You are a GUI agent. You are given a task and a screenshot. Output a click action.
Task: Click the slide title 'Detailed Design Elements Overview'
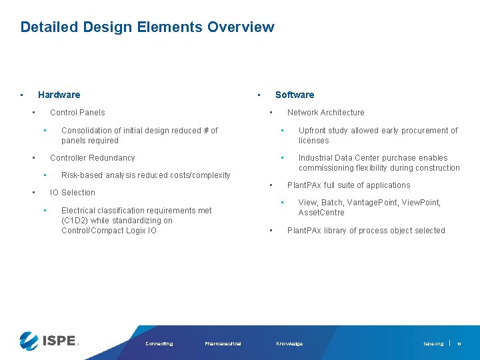point(147,27)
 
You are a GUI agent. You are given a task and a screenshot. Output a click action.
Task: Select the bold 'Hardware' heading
point(59,95)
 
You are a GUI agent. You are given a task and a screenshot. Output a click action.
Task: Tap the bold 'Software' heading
point(295,95)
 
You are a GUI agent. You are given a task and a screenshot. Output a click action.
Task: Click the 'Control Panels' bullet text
point(77,113)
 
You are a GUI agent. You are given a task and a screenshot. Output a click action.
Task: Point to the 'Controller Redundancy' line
point(92,158)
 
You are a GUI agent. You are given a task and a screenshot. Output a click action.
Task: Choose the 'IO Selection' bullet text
point(73,193)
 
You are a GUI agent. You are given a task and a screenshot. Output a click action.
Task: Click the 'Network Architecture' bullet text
point(325,113)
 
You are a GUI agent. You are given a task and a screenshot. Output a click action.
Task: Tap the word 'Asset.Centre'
point(321,213)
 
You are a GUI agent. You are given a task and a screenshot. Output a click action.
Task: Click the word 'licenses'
point(313,141)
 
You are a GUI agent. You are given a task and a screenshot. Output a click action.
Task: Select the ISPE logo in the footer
point(49,340)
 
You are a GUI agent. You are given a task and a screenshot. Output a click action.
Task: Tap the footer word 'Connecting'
point(159,344)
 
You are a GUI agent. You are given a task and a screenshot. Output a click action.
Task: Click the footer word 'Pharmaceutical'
point(223,344)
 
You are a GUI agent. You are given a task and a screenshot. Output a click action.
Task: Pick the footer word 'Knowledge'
point(289,344)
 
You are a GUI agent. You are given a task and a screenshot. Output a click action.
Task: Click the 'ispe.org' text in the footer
point(433,344)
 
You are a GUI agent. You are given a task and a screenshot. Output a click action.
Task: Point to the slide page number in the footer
point(459,344)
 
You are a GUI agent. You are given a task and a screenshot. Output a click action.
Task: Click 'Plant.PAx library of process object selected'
point(366,231)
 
